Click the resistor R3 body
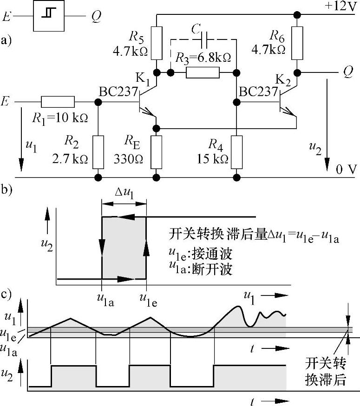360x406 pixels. coord(203,72)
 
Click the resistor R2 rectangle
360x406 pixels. coord(98,152)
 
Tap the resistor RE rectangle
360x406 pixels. coord(157,152)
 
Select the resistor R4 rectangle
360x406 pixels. coord(237,152)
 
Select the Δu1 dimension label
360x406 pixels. coord(124,193)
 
